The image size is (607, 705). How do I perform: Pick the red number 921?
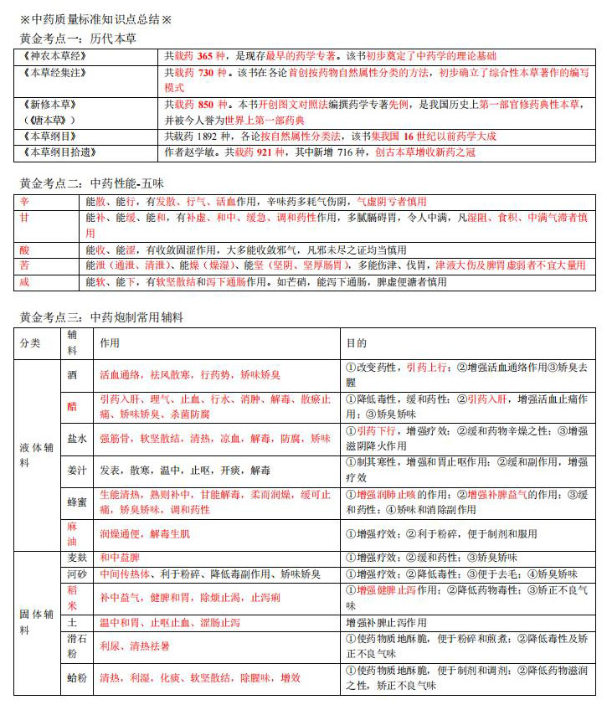[264, 152]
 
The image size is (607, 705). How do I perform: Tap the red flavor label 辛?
[24, 202]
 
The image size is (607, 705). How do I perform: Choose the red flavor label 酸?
[24, 250]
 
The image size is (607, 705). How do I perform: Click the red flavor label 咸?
[24, 282]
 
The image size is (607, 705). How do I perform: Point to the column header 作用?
[109, 343]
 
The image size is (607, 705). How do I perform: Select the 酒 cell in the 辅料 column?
[74, 374]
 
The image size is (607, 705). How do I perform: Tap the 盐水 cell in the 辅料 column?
[77, 438]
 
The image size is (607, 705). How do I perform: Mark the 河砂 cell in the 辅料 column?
[77, 574]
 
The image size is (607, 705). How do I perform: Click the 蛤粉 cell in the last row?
[77, 678]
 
